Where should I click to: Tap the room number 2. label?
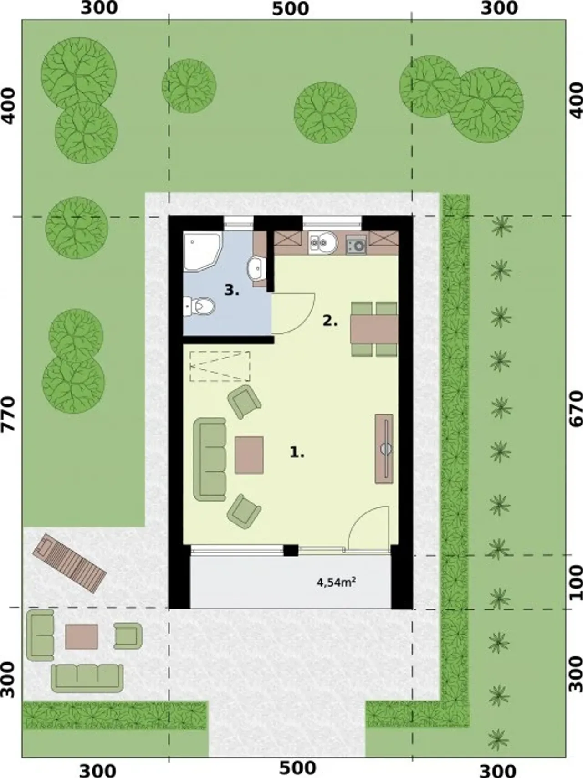pos(330,321)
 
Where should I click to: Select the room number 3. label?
pos(232,290)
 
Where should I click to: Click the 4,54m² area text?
pos(336,582)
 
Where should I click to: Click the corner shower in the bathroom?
pos(202,252)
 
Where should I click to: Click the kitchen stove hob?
pos(356,245)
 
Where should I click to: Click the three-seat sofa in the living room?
pos(210,460)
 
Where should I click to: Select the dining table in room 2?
pos(374,329)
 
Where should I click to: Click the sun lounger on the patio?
pos(69,563)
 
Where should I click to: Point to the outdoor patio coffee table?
pos(82,636)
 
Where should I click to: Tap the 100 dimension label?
pos(576,582)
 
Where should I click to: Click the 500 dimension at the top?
pos(290,9)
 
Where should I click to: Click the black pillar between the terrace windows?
pos(291,550)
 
